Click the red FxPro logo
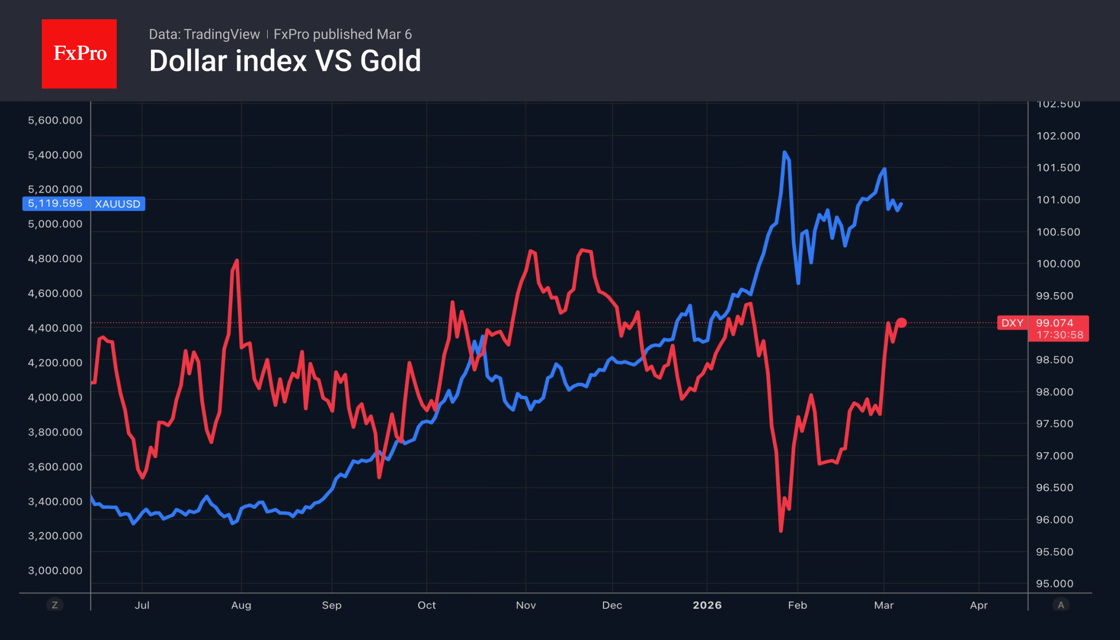click(x=79, y=54)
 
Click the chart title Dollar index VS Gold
click(x=285, y=61)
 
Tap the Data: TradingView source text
click(x=204, y=34)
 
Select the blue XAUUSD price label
click(x=84, y=204)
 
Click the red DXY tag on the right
click(x=1012, y=323)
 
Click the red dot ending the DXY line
click(x=902, y=323)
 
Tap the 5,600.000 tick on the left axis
click(x=55, y=120)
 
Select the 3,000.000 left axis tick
click(x=55, y=570)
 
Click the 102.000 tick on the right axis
click(x=1058, y=136)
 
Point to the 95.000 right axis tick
click(x=1054, y=584)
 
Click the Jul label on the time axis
click(x=142, y=605)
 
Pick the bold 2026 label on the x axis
click(x=707, y=605)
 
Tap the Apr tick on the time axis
click(x=979, y=605)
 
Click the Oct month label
click(x=427, y=605)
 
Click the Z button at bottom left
click(x=55, y=605)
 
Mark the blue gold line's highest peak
click(x=784, y=153)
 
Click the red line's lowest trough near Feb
click(x=781, y=530)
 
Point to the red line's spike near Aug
click(x=237, y=261)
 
